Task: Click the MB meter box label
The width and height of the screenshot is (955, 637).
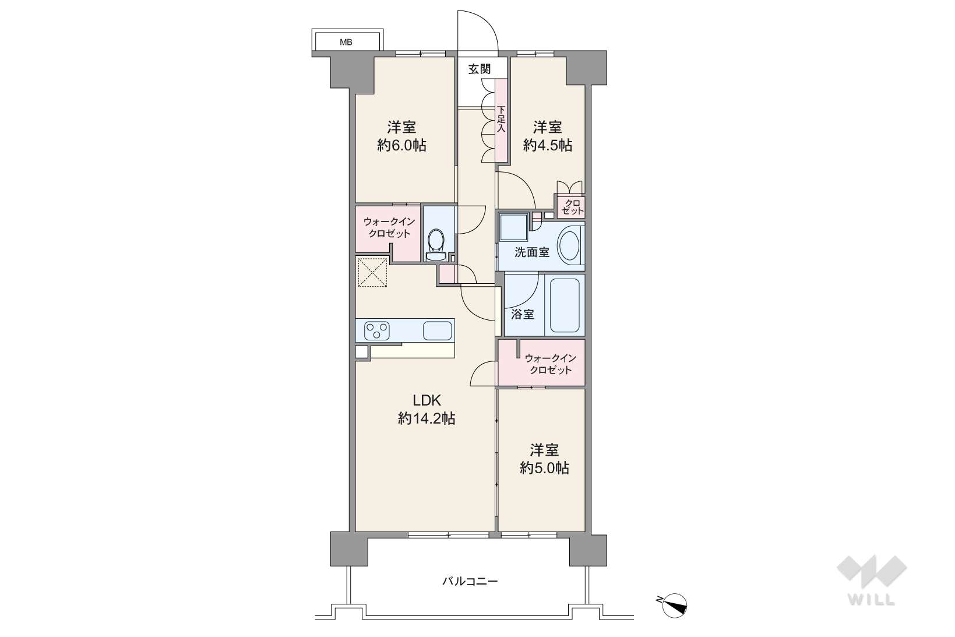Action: coord(346,42)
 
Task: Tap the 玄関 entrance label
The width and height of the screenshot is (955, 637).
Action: coord(479,69)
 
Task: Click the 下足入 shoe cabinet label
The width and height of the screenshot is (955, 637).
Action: coord(501,119)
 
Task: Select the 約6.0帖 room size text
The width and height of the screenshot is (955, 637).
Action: coord(401,145)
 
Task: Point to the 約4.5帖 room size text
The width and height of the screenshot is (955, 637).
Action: coord(547,145)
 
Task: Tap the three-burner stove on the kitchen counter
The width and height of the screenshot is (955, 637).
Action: coord(377,330)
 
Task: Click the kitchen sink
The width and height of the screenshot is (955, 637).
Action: coord(438,330)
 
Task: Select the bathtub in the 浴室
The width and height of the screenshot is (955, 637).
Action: coord(565,305)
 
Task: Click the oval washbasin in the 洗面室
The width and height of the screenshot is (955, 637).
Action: coord(568,245)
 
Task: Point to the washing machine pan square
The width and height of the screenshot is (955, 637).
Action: coord(513,227)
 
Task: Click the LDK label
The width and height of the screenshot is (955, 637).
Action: coord(427,400)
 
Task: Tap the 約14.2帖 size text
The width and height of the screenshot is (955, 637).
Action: coord(427,418)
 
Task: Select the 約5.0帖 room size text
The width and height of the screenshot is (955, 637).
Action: coord(544,468)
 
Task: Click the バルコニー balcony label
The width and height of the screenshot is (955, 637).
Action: coord(470,581)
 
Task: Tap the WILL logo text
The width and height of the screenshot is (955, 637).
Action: coord(872,600)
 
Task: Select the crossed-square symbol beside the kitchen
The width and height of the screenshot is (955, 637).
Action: coord(372,272)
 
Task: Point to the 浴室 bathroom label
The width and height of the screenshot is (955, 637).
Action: coord(522,314)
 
